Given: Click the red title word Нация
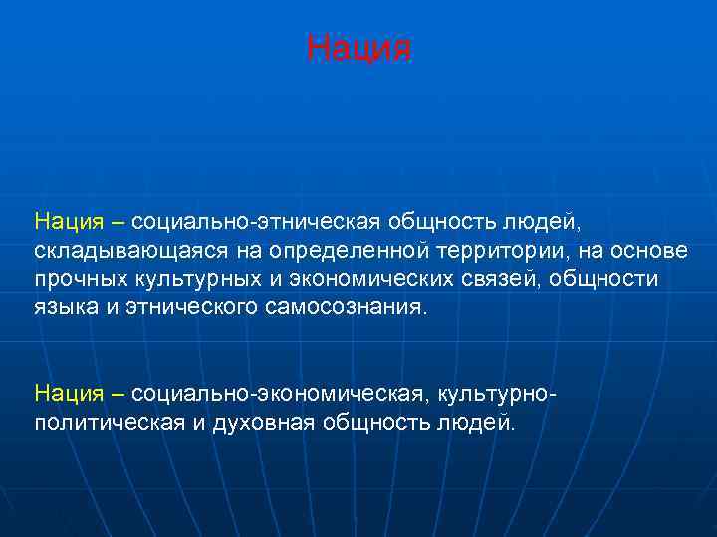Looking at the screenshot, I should point(358,48).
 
